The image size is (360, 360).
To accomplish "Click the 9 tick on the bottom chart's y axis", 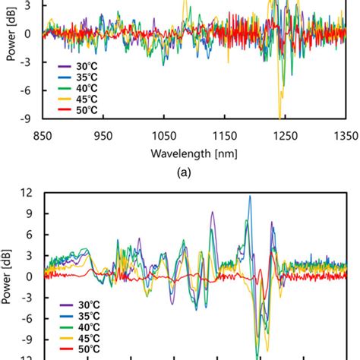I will click(28, 214).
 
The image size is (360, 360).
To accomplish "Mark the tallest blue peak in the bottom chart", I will click(250, 197).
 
